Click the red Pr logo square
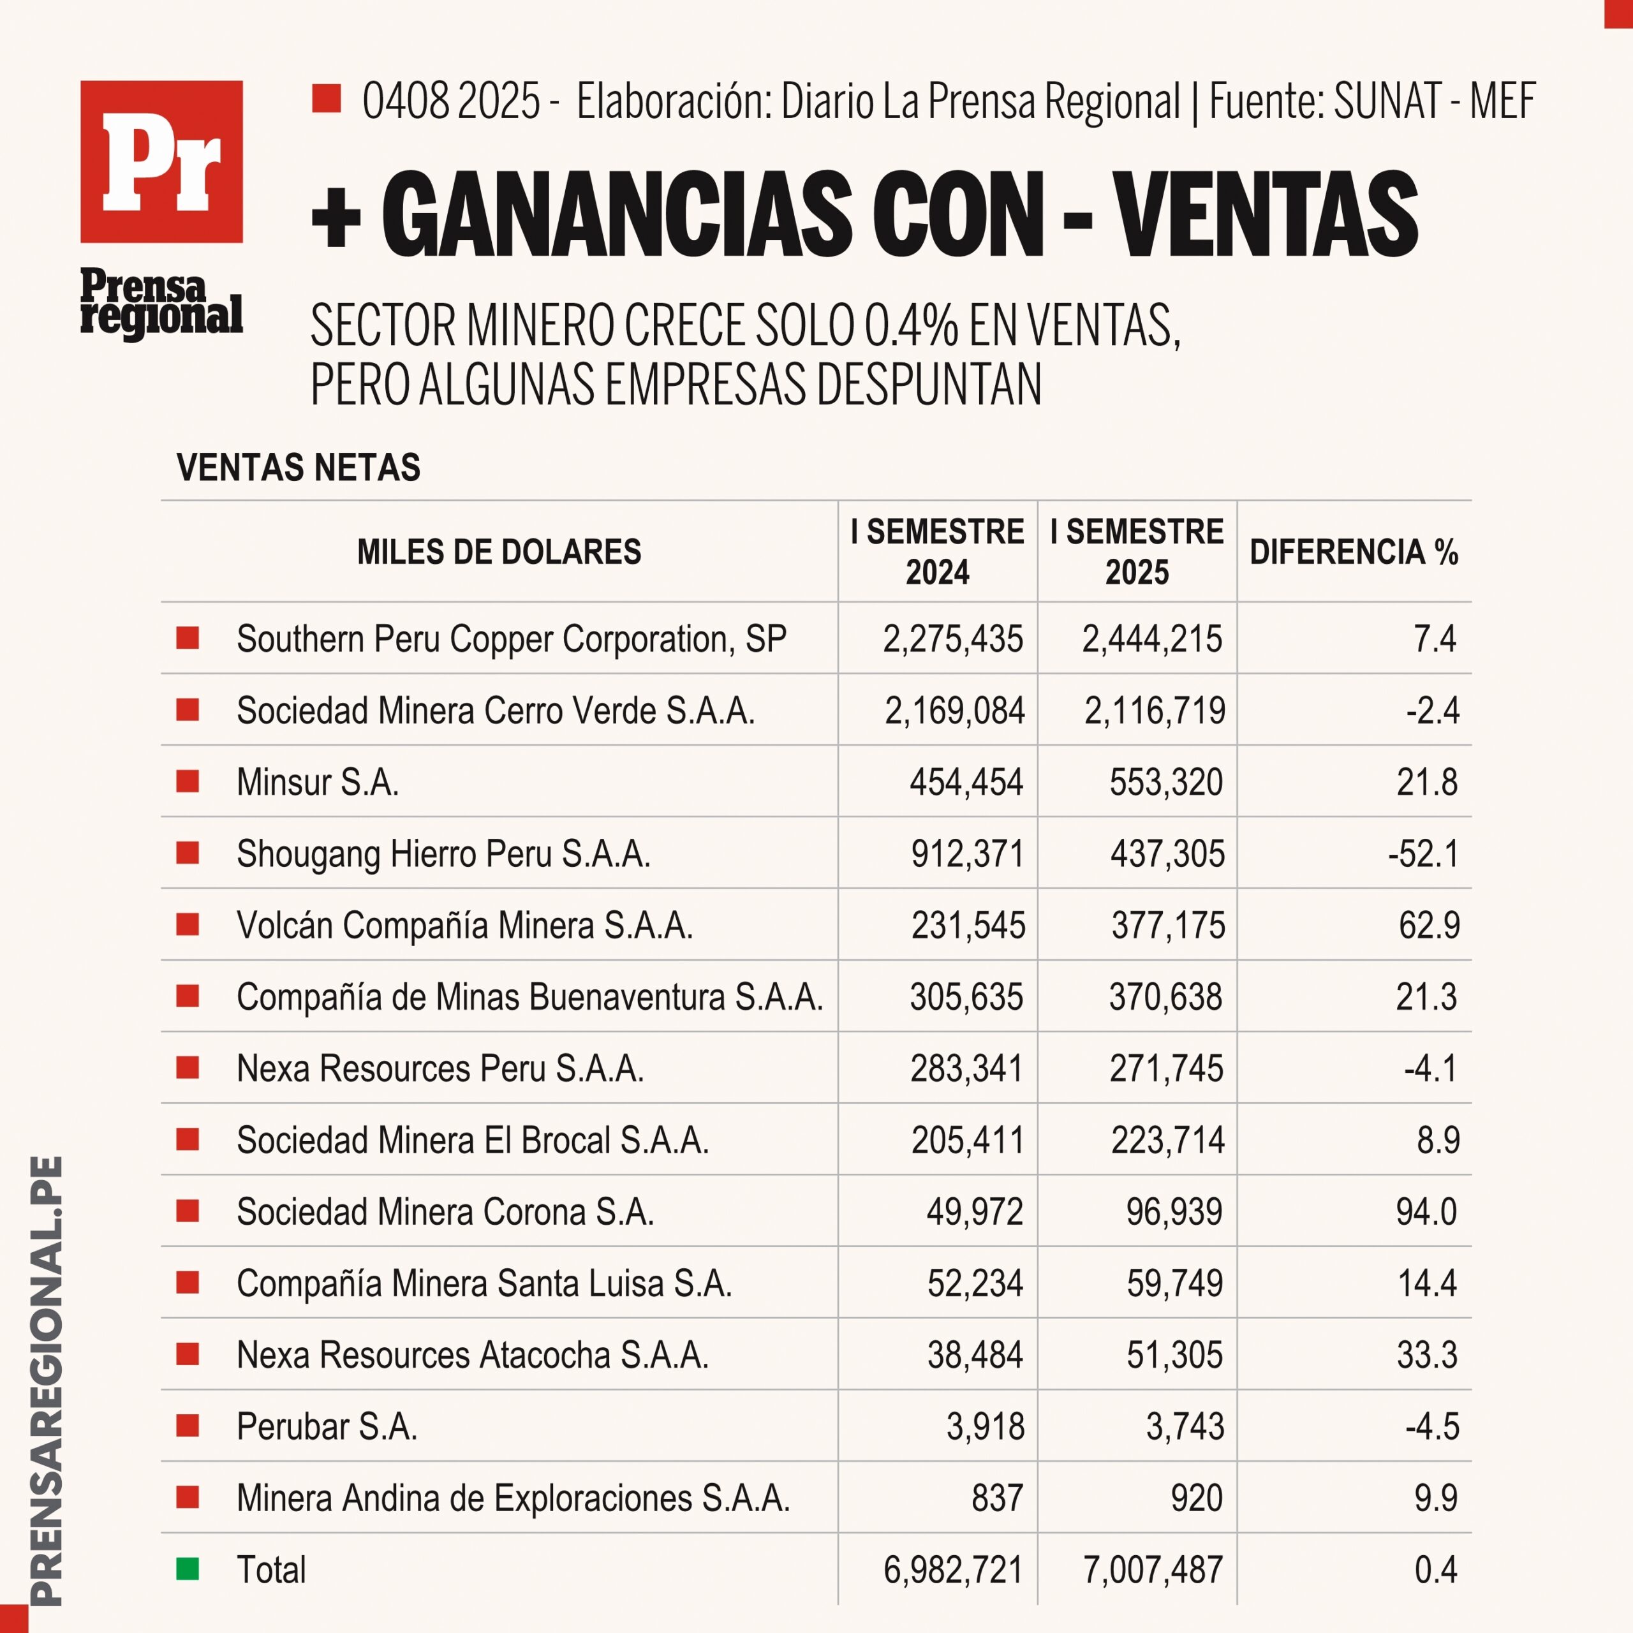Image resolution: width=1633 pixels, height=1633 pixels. click(x=161, y=161)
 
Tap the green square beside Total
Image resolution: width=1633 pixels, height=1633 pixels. click(x=188, y=1569)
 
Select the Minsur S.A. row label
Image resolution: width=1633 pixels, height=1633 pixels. click(x=317, y=782)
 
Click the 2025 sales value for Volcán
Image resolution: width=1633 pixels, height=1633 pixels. click(x=1167, y=925)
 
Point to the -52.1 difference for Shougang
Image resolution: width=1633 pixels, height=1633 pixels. click(x=1423, y=853)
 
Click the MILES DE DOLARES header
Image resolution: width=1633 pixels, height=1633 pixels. click(x=499, y=552)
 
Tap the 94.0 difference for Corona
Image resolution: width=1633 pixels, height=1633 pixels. click(x=1427, y=1211)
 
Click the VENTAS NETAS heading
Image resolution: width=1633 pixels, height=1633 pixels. click(x=299, y=468)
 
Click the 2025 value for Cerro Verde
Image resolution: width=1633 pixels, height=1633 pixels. click(x=1155, y=711)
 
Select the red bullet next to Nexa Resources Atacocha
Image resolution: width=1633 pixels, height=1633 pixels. click(x=188, y=1354)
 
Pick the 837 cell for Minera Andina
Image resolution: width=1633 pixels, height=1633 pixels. click(x=998, y=1498)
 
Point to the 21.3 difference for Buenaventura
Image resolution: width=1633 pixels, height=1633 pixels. click(x=1427, y=996)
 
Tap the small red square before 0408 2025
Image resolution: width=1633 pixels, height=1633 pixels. click(x=326, y=99)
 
